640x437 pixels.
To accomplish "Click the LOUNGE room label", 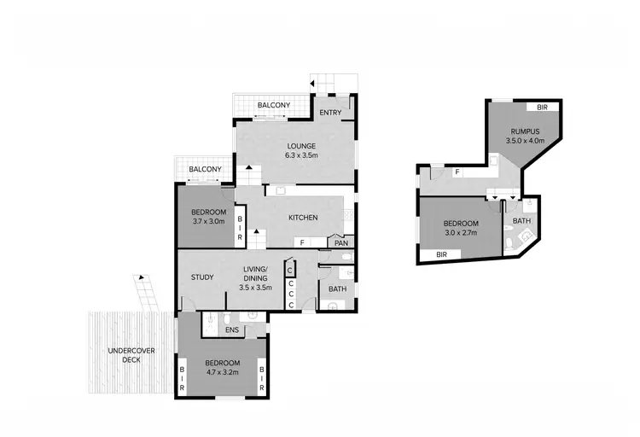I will click(301, 145).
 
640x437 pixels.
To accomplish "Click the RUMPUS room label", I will click(524, 131).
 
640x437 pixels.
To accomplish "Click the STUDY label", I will click(202, 277).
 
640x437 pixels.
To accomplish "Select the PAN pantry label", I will click(340, 243).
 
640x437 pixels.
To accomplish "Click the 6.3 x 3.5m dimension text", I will click(301, 155).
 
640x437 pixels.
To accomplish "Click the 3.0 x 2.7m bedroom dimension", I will click(459, 231).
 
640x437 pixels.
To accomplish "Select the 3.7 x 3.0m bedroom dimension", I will click(208, 223).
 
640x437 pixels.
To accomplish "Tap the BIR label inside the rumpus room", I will click(543, 108).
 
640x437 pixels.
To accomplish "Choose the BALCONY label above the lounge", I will click(274, 105).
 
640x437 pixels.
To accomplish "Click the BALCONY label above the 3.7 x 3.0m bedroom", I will click(206, 169).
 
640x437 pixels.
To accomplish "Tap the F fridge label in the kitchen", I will click(300, 243).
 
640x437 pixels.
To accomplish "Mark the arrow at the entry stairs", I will click(312, 84).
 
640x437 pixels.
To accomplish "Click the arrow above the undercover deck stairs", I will click(137, 278).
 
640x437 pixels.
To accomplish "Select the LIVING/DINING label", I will click(255, 274).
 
